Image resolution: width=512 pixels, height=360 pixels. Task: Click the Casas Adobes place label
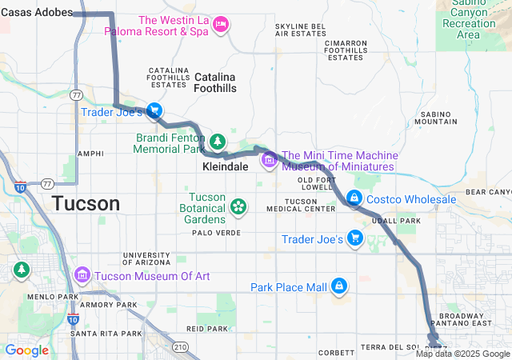coord(37,13)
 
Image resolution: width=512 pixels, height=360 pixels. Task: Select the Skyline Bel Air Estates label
coord(300,30)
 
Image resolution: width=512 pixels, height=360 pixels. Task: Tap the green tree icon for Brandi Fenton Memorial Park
coord(218,142)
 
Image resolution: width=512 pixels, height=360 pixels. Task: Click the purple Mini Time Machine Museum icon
coord(269,162)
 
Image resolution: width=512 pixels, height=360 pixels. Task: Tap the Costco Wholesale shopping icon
coord(354,198)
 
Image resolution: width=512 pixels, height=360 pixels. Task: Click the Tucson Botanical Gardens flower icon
coord(238,207)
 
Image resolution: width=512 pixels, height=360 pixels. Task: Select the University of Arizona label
coord(146,258)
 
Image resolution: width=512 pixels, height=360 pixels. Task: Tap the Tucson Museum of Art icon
coord(82,276)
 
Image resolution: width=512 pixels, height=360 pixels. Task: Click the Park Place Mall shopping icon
coord(339,286)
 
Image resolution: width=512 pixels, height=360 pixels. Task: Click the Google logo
coord(26,350)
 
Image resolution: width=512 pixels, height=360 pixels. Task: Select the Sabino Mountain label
coord(437,117)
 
